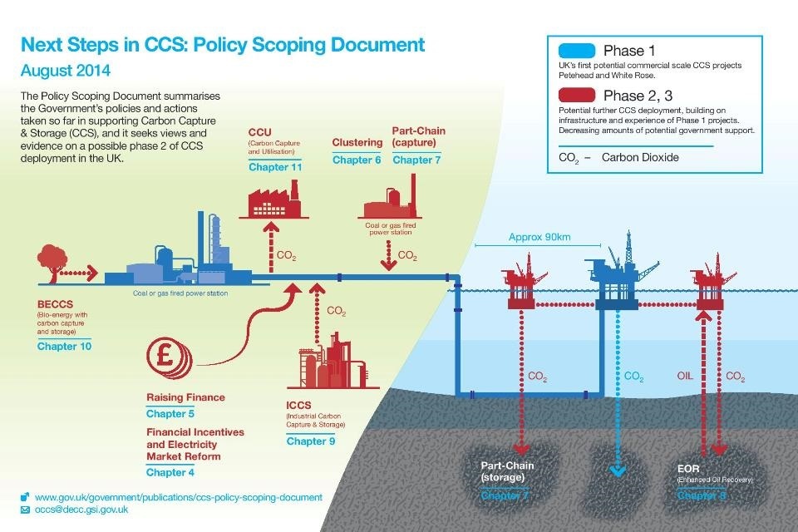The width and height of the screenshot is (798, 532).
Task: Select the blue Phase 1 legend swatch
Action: click(572, 51)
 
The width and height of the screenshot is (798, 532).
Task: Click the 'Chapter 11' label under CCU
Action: click(275, 167)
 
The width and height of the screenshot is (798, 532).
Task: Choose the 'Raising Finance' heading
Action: click(185, 397)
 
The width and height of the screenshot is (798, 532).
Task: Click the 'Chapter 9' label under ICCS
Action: click(311, 441)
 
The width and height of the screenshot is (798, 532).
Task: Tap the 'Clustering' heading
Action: click(357, 143)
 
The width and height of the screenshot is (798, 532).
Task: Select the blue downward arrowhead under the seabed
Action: click(616, 472)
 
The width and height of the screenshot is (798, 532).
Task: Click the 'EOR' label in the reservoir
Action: click(688, 468)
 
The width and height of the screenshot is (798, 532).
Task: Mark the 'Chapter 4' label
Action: click(170, 472)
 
